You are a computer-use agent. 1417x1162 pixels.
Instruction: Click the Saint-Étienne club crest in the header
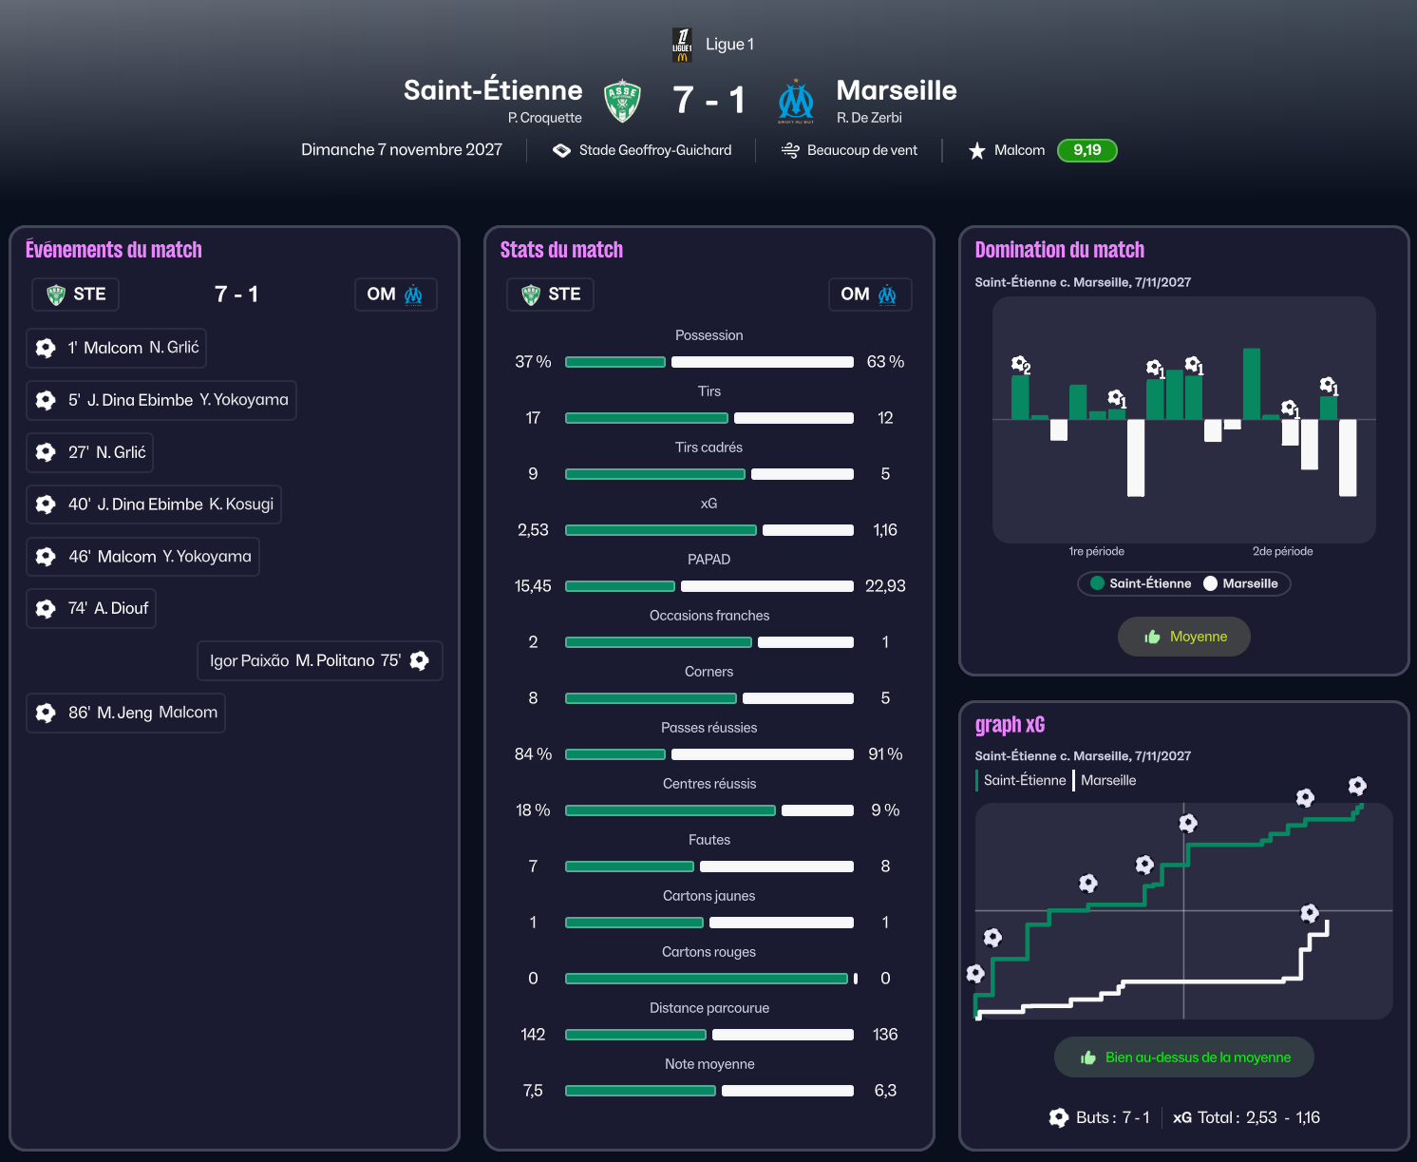[622, 101]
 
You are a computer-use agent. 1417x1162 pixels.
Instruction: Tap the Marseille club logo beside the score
[796, 101]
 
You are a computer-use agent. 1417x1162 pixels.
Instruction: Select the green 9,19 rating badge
[1086, 150]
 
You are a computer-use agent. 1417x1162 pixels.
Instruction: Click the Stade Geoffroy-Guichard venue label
[654, 150]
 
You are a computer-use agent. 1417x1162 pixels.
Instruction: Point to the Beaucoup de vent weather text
[861, 150]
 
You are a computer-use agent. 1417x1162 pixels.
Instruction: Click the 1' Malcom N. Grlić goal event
[116, 348]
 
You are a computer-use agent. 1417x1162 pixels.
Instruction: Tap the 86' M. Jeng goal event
[125, 713]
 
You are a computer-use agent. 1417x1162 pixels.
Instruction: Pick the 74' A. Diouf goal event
[91, 608]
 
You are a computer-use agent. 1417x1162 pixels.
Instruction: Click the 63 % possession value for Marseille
[885, 362]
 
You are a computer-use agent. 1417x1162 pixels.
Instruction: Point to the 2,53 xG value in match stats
[533, 530]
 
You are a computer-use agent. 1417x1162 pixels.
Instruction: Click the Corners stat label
[708, 672]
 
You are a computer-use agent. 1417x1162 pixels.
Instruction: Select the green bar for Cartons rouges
[706, 979]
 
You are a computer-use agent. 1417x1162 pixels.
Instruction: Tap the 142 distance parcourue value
[533, 1035]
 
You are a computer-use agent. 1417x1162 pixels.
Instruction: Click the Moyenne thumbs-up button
[1183, 637]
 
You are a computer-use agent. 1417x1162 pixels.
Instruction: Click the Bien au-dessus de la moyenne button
[1183, 1057]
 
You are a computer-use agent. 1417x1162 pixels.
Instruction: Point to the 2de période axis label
[1282, 551]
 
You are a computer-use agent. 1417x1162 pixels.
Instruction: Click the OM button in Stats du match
[869, 295]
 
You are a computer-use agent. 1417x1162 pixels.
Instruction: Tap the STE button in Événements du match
[76, 295]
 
